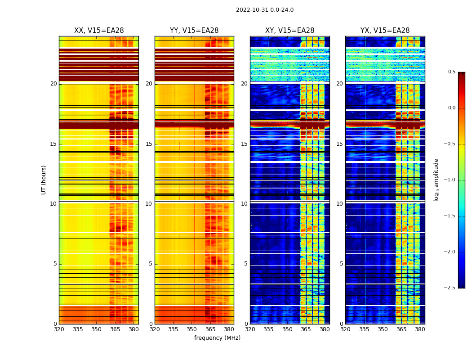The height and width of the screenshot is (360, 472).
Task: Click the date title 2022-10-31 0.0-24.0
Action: click(265, 10)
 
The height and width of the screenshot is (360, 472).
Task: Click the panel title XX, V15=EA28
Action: click(99, 31)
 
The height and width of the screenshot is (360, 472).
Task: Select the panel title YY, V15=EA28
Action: click(194, 31)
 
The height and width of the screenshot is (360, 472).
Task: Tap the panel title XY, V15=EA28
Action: click(290, 31)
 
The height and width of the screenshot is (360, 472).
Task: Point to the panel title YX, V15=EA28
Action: click(385, 31)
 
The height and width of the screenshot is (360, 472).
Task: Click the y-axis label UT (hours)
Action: click(44, 180)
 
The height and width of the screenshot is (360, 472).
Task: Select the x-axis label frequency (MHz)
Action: click(217, 338)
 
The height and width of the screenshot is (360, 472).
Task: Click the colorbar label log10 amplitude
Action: click(436, 180)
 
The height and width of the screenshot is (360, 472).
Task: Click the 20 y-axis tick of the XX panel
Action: click(53, 84)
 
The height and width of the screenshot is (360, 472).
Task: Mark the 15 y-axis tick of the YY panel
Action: click(149, 144)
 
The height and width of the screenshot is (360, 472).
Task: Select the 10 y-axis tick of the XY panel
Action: click(244, 204)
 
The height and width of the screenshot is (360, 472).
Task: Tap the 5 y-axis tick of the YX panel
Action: click(341, 264)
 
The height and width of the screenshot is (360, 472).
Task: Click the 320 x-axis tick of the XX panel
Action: click(59, 329)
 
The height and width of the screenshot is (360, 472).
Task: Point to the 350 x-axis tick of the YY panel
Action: click(192, 329)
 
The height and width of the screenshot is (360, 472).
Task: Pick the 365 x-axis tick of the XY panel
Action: click(306, 329)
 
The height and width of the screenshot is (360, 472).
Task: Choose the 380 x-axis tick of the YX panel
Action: click(420, 329)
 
